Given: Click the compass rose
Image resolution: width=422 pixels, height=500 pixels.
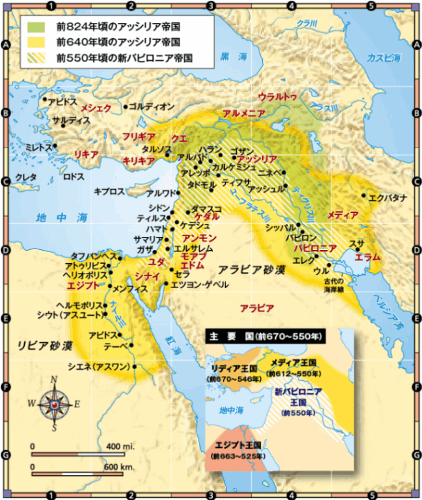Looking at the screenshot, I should tap(54, 404).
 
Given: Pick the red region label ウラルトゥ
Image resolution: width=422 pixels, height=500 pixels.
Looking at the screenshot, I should tap(277, 96).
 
